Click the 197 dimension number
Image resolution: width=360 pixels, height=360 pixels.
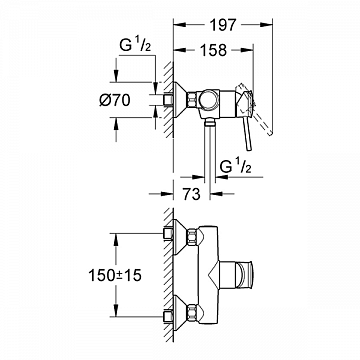click(223, 25)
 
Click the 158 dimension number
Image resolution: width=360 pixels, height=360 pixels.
click(213, 50)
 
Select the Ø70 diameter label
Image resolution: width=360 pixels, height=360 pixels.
click(115, 100)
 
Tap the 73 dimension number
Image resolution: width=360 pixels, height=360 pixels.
click(191, 194)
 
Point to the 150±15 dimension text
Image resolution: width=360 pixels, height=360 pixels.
click(115, 275)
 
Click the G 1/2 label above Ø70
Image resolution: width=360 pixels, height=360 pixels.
click(135, 46)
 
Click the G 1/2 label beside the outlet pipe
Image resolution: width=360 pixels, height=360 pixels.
click(236, 167)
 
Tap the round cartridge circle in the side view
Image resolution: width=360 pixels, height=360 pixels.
click(209, 100)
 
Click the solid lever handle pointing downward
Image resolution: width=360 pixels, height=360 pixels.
click(247, 133)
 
